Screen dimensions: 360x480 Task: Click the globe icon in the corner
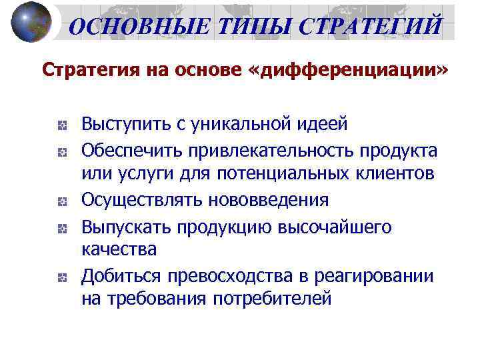pyautogui.click(x=31, y=22)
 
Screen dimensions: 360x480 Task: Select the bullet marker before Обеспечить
pyautogui.click(x=61, y=151)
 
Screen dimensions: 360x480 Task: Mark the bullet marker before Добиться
pyautogui.click(x=61, y=277)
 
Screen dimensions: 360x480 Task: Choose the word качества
pyautogui.click(x=119, y=250)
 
